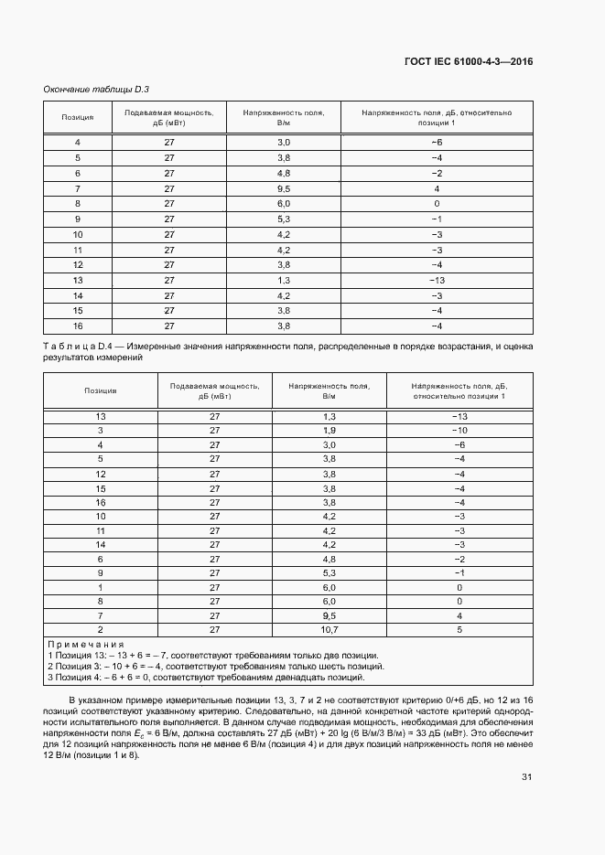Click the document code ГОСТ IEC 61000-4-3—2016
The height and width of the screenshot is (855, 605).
point(468,61)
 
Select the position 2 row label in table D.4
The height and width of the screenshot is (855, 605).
point(101,630)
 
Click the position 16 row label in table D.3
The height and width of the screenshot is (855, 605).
point(78,326)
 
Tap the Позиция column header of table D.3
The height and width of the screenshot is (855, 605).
point(78,117)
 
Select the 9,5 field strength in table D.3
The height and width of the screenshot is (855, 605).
point(284,188)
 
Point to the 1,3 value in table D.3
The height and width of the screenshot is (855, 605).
point(284,280)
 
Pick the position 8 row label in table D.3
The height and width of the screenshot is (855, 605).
point(78,203)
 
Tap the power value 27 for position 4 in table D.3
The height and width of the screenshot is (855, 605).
point(169,143)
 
